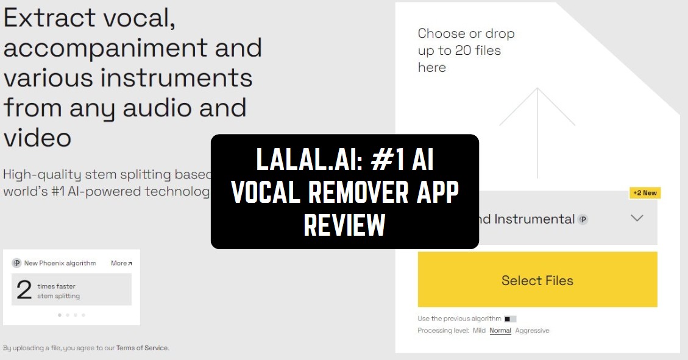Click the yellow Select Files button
[537, 280]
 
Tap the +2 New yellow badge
[645, 192]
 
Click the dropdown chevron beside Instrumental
[637, 218]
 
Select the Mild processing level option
[479, 331]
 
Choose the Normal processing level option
[500, 331]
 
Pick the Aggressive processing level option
[532, 331]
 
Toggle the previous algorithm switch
[510, 319]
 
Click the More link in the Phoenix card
[121, 263]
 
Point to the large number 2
[24, 290]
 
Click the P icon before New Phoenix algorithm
[16, 263]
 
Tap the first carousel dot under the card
[59, 315]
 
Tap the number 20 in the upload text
[463, 51]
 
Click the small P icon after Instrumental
[583, 219]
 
